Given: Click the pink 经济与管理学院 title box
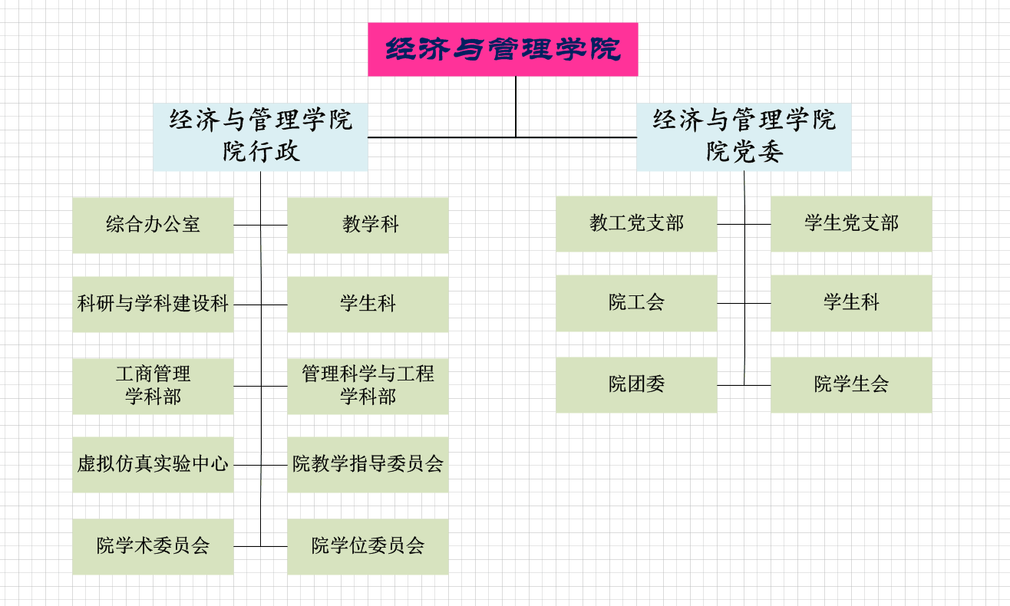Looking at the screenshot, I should pos(503,50).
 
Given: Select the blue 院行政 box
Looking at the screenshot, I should pos(260,137).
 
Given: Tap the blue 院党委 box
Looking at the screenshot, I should pos(744,137).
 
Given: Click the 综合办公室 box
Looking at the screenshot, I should pos(153,225).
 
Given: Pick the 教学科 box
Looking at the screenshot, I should pos(368,225).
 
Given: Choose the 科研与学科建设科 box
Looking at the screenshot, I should pos(153,305).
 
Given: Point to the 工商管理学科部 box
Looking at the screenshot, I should pos(153,386).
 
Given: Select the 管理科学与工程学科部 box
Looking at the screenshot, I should pos(368,386).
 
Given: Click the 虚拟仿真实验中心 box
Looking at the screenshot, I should pos(153,465).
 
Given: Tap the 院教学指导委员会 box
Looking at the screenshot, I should pos(368,465).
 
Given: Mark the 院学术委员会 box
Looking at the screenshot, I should pos(153,546).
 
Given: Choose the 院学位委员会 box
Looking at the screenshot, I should pos(368,546).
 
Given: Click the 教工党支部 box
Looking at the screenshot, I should pos(636,224).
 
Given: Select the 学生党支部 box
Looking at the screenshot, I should pos(851,224).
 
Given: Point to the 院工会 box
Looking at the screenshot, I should pos(636,303).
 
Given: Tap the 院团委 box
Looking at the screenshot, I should pos(636,384).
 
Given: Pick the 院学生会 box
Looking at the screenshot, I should pos(851,384).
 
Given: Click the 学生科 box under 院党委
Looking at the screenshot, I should pos(851,303).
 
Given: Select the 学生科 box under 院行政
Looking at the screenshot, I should pos(368,305).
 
